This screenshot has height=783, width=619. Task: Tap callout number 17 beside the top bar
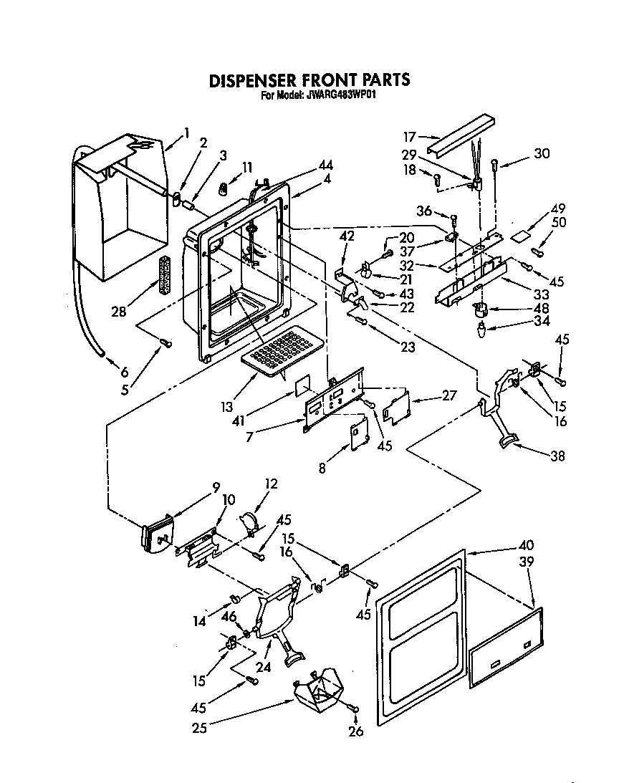pyautogui.click(x=409, y=135)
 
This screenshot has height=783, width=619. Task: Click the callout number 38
pyautogui.click(x=557, y=454)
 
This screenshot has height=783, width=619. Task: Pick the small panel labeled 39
pyautogui.click(x=505, y=647)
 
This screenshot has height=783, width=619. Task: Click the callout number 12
pyautogui.click(x=271, y=485)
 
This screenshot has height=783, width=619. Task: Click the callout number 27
pyautogui.click(x=448, y=394)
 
